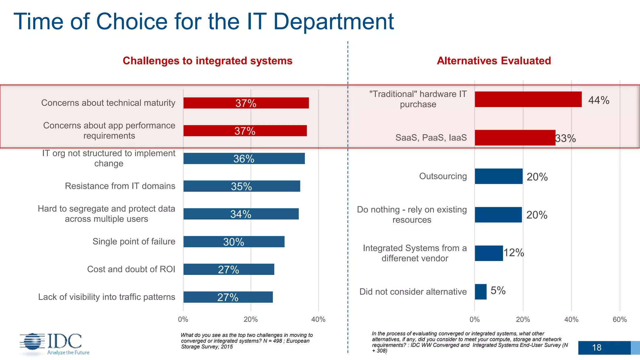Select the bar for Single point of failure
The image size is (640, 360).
(234, 242)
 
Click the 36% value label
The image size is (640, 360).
(244, 159)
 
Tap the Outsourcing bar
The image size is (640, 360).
(498, 176)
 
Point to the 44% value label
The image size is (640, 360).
(598, 100)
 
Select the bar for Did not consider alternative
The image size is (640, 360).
(481, 292)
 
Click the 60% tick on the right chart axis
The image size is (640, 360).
(619, 319)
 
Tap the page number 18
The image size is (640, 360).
(597, 347)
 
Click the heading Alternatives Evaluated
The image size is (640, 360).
(494, 61)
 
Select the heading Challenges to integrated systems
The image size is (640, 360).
(207, 61)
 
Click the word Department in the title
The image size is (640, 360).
(333, 22)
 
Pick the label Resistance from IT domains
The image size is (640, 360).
(120, 186)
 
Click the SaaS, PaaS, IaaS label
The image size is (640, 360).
(431, 137)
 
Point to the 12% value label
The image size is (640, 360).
(514, 252)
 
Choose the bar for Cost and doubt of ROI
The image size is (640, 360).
(229, 269)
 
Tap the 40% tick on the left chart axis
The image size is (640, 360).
(318, 319)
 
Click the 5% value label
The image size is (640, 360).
(498, 291)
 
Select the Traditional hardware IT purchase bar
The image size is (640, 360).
(528, 99)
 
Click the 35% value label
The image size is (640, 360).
(241, 187)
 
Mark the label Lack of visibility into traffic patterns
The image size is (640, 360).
(107, 297)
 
